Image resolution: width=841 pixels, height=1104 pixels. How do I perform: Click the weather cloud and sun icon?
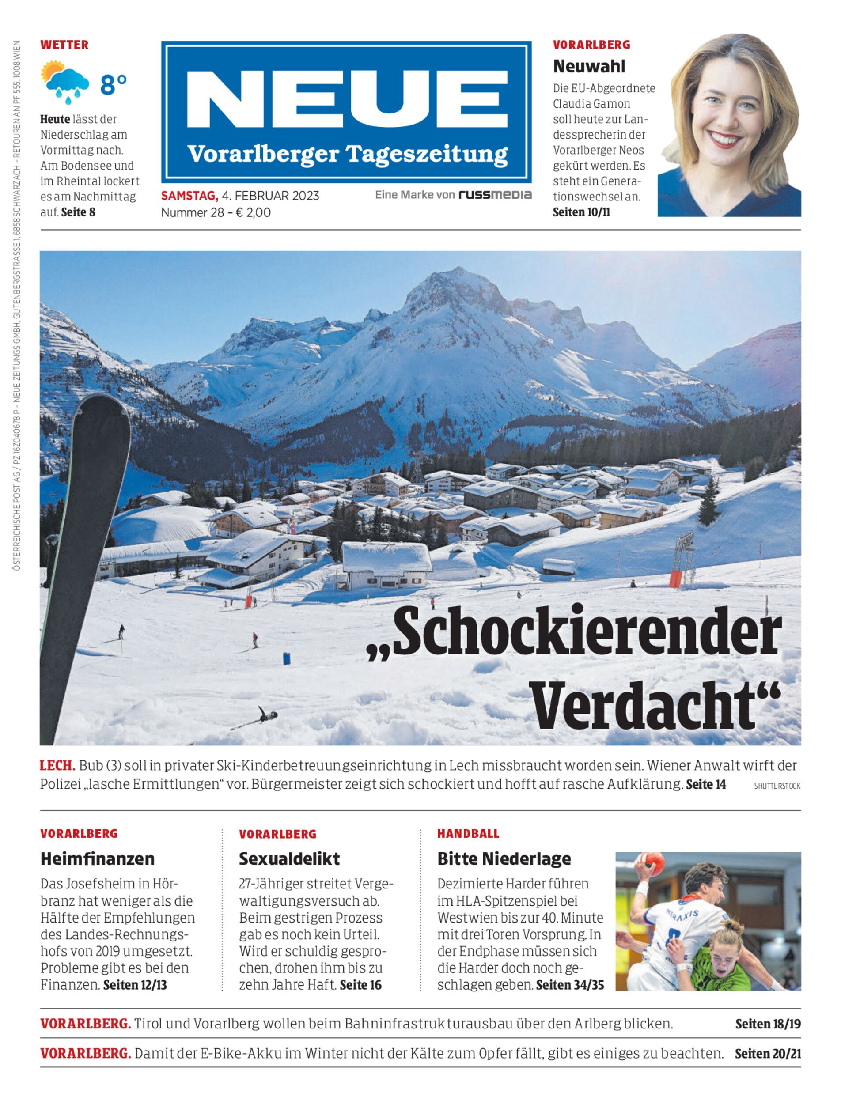[x=65, y=82]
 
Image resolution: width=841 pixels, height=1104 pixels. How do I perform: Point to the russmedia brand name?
[x=495, y=195]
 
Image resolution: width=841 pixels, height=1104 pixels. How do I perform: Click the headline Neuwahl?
[x=589, y=66]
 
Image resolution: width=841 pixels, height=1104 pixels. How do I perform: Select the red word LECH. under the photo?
[x=57, y=765]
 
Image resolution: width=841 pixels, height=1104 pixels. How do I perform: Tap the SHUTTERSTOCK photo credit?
[x=777, y=786]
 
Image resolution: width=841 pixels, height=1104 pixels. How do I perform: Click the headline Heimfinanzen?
[x=98, y=859]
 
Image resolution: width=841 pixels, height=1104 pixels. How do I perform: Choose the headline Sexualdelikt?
[x=289, y=859]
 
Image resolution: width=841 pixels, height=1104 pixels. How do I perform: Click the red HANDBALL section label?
[x=468, y=834]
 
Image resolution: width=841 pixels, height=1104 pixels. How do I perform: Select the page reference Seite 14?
[x=706, y=784]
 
